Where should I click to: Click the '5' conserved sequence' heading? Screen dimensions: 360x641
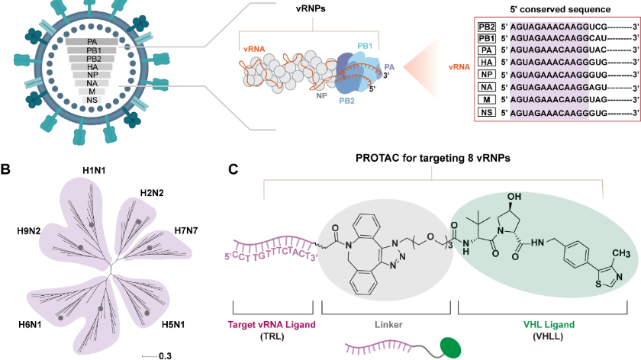(x=546, y=9)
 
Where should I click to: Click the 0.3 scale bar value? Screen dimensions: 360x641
(x=165, y=355)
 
